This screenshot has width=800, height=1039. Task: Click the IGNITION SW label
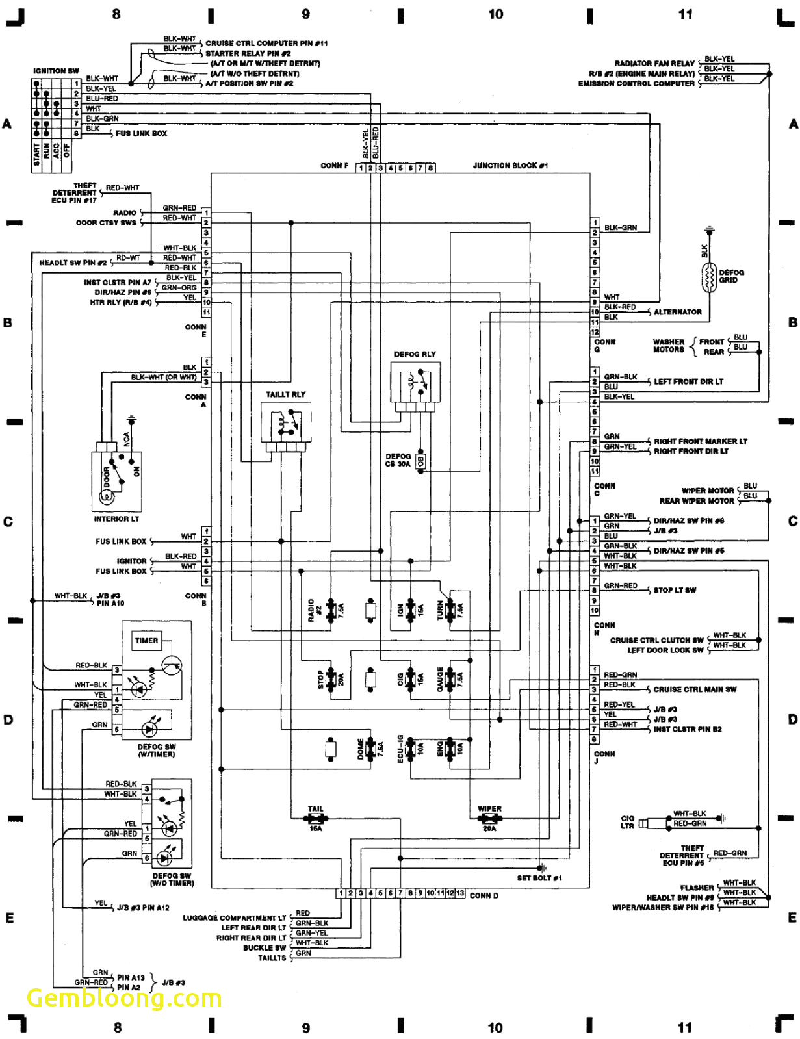56,70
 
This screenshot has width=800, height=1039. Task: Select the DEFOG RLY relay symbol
415,387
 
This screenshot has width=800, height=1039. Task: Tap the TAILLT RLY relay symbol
285,426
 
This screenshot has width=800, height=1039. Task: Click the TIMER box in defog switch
146,641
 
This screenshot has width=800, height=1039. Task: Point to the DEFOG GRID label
731,276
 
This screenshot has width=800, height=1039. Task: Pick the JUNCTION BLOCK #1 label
510,166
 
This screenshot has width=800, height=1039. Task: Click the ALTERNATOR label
677,312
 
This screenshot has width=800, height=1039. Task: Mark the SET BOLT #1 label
539,878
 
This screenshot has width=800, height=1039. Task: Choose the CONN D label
484,895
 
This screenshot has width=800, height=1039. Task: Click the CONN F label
334,166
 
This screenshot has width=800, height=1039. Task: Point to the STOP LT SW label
675,590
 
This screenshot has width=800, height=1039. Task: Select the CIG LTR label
627,823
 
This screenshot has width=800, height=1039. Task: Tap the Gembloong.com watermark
123,998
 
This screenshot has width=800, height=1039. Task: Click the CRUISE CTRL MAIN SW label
695,689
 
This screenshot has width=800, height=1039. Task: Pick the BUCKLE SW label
264,948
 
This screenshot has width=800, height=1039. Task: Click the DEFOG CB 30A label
398,460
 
